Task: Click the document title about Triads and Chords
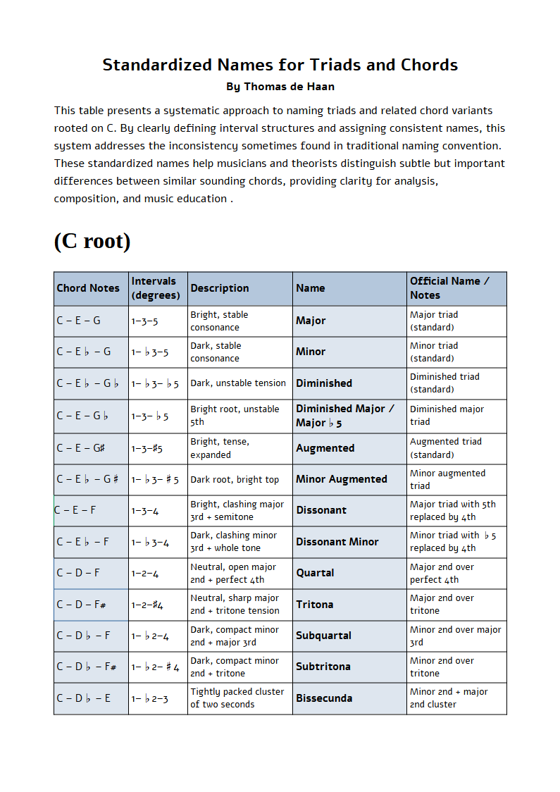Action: (280, 65)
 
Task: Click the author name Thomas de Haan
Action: (280, 87)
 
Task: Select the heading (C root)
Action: (92, 241)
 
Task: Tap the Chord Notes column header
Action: (88, 288)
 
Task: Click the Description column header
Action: (220, 288)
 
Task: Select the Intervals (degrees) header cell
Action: (156, 288)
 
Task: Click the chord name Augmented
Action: (325, 448)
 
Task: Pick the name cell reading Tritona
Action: (315, 605)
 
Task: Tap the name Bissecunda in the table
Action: (324, 698)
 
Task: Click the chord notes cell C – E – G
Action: (79, 321)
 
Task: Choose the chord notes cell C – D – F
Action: (78, 573)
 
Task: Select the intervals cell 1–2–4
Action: (145, 574)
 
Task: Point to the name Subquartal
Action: (323, 636)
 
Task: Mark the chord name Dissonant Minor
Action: (337, 542)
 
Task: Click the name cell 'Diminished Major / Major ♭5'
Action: (345, 416)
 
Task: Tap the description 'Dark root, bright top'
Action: (235, 480)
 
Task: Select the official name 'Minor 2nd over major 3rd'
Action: (456, 636)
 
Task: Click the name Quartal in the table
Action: (315, 573)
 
